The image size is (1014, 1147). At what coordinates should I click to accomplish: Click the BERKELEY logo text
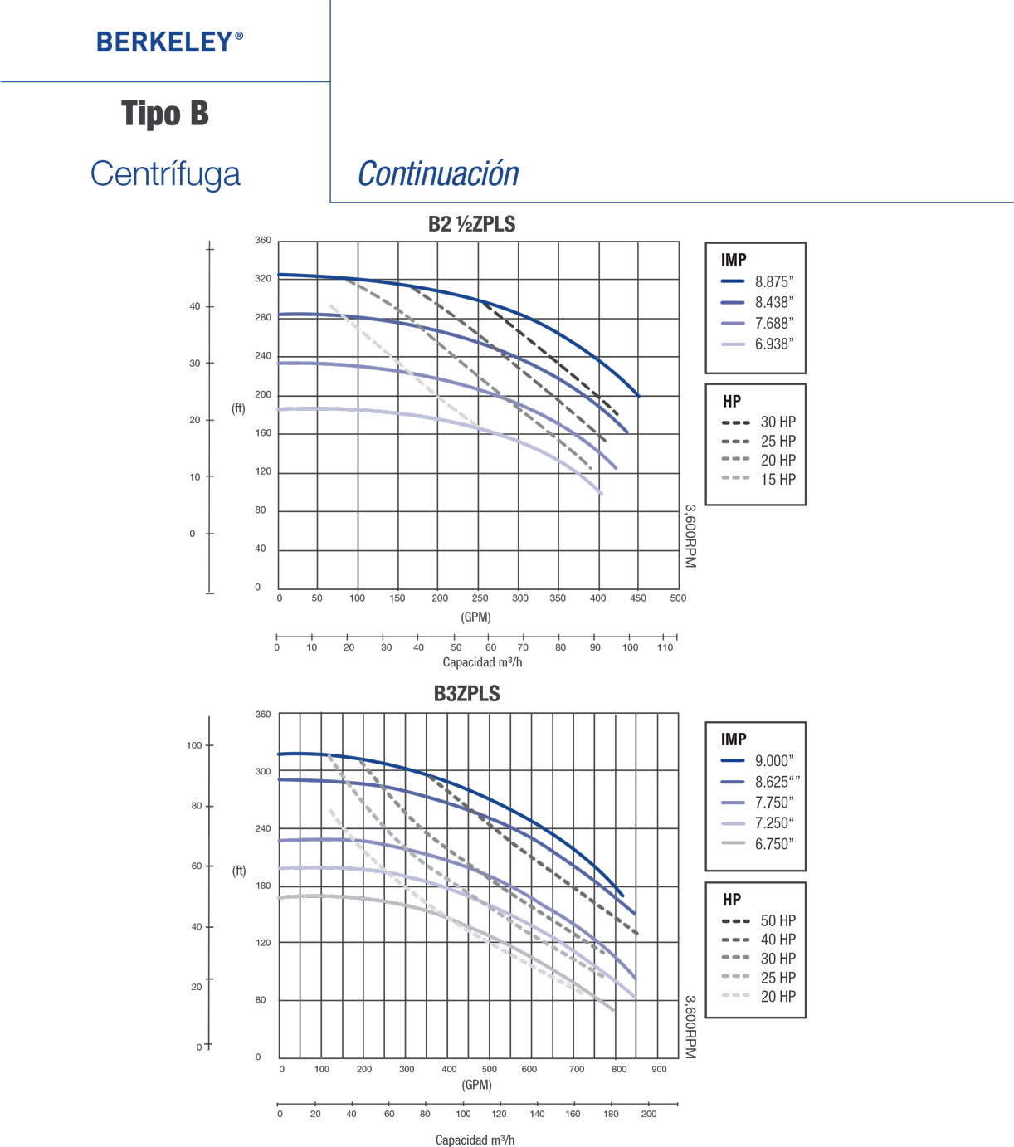(x=169, y=41)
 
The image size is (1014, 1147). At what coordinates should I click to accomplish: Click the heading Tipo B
(x=165, y=114)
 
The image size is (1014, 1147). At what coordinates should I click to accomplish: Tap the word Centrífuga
(x=165, y=174)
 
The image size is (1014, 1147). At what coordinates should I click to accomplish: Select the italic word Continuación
(x=438, y=174)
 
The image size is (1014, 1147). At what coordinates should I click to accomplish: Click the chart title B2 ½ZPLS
(x=471, y=224)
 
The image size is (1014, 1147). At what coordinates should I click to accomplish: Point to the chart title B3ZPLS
(x=466, y=694)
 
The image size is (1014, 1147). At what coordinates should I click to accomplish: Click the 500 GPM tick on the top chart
(x=678, y=598)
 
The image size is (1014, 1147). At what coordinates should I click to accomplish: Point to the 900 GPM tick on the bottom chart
(x=659, y=1069)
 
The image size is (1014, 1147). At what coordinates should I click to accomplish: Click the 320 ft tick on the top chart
(x=263, y=279)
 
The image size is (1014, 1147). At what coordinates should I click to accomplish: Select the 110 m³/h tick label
(x=665, y=647)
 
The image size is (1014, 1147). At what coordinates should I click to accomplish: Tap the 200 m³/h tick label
(x=649, y=1114)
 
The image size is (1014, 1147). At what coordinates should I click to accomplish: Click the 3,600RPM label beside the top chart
(x=690, y=535)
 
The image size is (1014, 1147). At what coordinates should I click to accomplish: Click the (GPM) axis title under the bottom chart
(x=476, y=1085)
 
